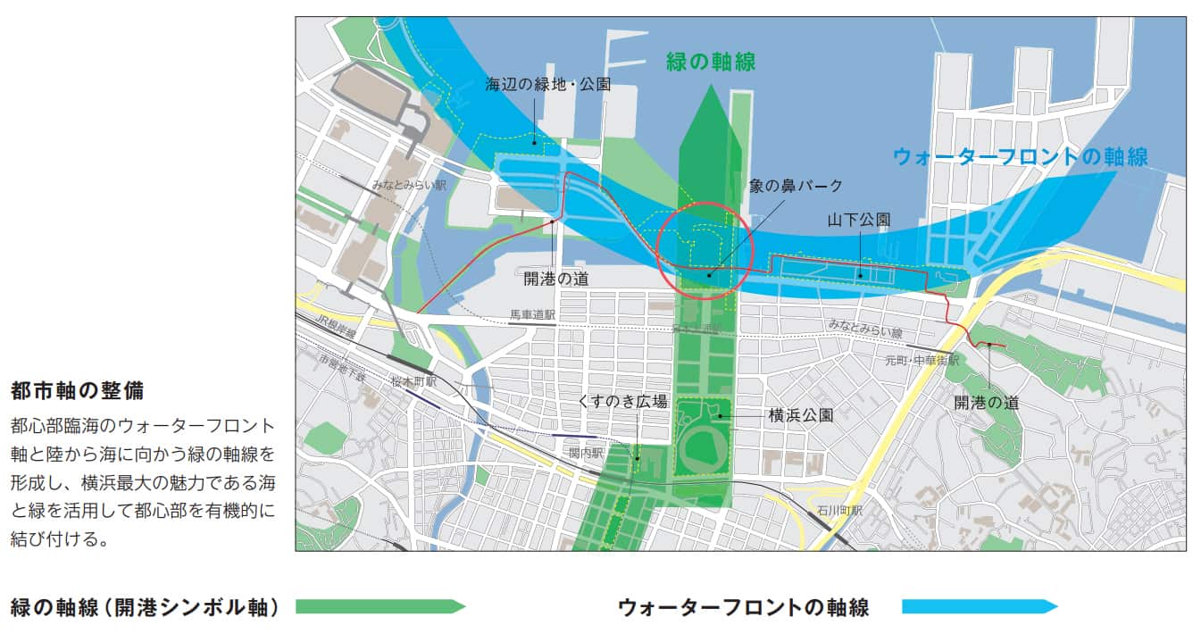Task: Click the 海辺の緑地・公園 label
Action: point(548,86)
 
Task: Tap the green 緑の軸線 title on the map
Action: point(711,62)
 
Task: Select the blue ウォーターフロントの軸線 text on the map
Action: point(1020,156)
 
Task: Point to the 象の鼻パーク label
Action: point(796,187)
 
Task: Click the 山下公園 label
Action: point(858,219)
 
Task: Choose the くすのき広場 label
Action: point(622,402)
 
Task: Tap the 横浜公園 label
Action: point(801,415)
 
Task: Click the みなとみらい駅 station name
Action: point(410,185)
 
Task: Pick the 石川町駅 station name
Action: point(839,511)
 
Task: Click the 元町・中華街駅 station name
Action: point(922,361)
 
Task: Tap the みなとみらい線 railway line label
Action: point(863,331)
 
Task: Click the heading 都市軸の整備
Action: point(78,390)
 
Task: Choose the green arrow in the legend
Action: point(379,607)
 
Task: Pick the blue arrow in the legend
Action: point(979,607)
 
